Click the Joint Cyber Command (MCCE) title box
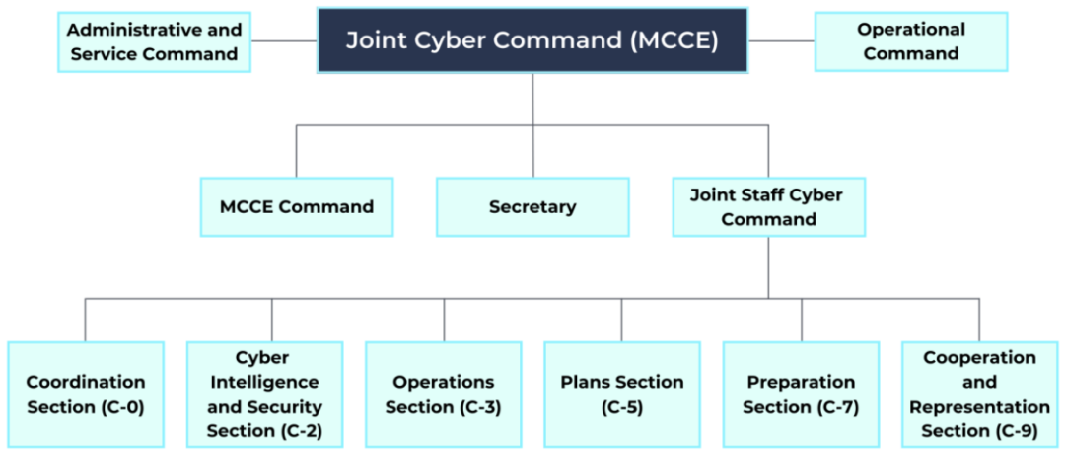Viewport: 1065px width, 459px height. (532, 40)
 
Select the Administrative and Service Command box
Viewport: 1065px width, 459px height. (154, 41)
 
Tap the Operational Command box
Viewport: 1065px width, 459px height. (910, 41)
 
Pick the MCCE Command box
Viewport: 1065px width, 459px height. (296, 207)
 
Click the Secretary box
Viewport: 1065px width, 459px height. (532, 207)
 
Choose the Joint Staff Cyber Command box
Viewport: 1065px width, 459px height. (768, 207)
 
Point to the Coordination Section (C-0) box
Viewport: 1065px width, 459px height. (86, 394)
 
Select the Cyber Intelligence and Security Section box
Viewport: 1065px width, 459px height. (264, 394)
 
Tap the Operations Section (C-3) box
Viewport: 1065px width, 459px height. (443, 394)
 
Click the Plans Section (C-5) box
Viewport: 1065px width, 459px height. (621, 394)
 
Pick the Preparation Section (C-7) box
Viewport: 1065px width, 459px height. (800, 394)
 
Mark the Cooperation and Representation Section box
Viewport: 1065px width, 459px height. (979, 394)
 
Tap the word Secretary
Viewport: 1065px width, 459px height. (532, 207)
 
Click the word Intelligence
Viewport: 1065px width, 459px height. (263, 382)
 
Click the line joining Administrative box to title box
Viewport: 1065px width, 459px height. (283, 41)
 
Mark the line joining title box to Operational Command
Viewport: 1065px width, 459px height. (781, 41)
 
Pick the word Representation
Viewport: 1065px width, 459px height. (979, 407)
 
